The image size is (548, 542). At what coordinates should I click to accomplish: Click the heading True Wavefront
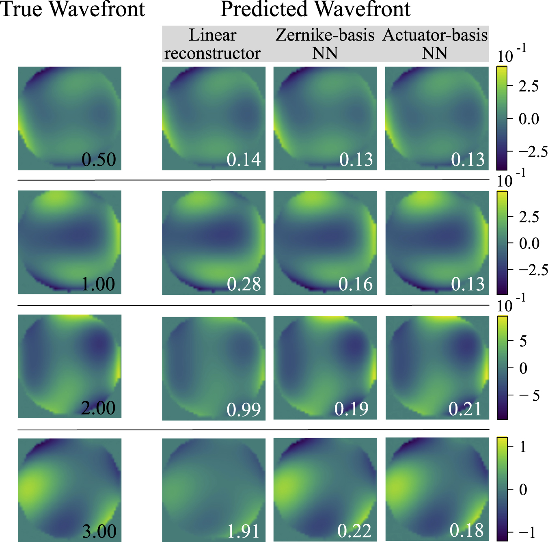click(x=73, y=9)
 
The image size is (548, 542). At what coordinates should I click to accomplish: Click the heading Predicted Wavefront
click(x=315, y=9)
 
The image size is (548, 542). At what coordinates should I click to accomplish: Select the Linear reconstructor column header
click(x=213, y=44)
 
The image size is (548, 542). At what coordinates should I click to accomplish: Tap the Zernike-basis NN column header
click(x=325, y=44)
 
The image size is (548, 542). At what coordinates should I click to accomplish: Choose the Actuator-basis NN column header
click(x=435, y=44)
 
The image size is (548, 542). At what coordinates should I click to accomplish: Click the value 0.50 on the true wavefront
click(x=99, y=160)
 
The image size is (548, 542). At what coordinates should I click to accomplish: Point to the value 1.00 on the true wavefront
click(x=98, y=284)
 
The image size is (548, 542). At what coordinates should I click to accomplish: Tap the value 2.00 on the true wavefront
click(x=98, y=408)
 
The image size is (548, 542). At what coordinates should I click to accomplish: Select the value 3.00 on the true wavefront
click(x=99, y=531)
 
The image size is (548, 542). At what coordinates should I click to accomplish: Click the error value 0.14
click(x=244, y=160)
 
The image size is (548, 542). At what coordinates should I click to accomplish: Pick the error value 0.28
click(x=244, y=284)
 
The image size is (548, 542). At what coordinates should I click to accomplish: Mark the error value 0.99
click(x=244, y=410)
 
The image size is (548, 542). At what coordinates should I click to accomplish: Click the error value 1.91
click(x=243, y=531)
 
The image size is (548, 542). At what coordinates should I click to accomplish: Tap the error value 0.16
click(x=356, y=284)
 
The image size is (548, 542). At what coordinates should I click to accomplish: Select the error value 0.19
click(x=352, y=409)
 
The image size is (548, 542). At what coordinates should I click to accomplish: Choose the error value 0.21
click(x=465, y=409)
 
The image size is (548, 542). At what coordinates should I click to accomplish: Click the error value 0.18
click(x=467, y=530)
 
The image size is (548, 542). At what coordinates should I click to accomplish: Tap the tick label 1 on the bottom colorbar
click(x=523, y=447)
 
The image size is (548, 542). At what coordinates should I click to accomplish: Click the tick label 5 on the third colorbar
click(x=523, y=341)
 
